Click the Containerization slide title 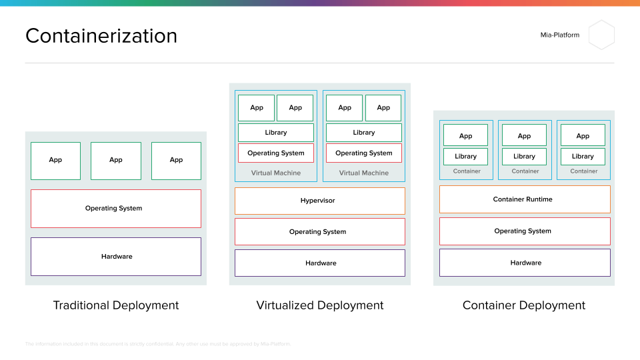coord(101,35)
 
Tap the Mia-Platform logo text coord(559,35)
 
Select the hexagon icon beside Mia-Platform coord(601,35)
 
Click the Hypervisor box coord(319,201)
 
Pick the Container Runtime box coord(524,199)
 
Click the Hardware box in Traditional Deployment coord(116,257)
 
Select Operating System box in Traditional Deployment coord(116,209)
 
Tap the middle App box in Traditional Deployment coord(116,161)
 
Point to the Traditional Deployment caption coord(116,305)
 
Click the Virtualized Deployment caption coord(320,305)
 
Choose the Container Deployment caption coord(524,305)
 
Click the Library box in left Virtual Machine coord(275,133)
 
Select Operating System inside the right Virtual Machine coord(364,153)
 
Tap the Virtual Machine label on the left coord(275,173)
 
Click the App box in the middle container coord(524,136)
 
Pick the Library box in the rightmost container coord(583,157)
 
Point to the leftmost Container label coord(467,171)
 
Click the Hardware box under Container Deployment coord(524,263)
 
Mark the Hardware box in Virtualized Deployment coord(319,263)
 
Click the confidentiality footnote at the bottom coord(158,344)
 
